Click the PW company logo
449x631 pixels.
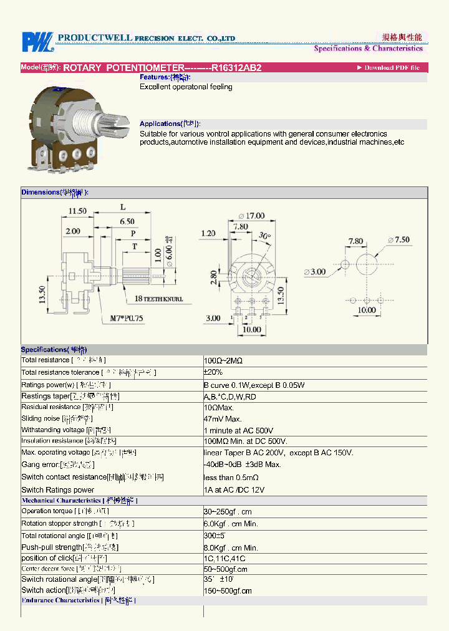click(37, 42)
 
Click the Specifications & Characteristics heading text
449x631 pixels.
click(368, 49)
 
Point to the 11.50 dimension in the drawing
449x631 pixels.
click(77, 211)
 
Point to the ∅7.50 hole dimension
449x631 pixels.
click(398, 239)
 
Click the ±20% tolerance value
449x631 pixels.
click(213, 372)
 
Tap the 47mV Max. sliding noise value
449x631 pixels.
click(223, 419)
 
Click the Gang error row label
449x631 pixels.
click(41, 465)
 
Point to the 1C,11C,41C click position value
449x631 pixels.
click(224, 559)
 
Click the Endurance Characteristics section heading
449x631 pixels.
click(60, 600)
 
